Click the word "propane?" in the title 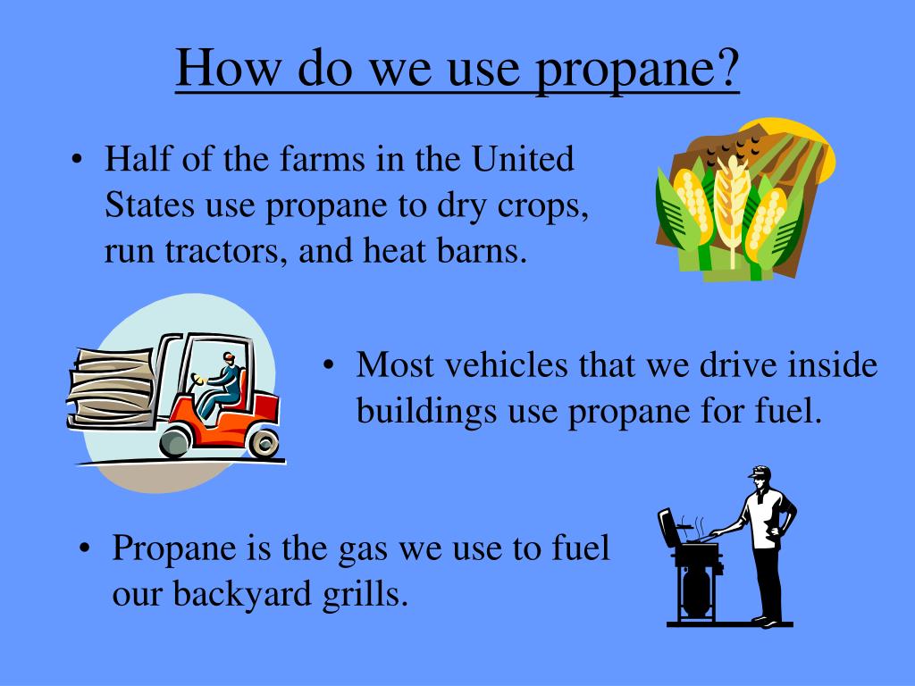coord(639,70)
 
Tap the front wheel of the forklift coord(175,440)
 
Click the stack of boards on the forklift coord(113,384)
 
